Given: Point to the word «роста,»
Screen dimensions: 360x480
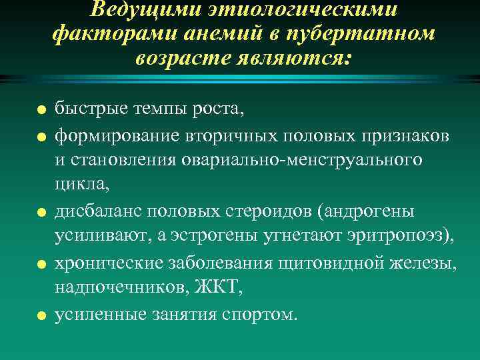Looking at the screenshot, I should click(x=220, y=107).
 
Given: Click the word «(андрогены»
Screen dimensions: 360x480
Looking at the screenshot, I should click(x=366, y=211).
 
